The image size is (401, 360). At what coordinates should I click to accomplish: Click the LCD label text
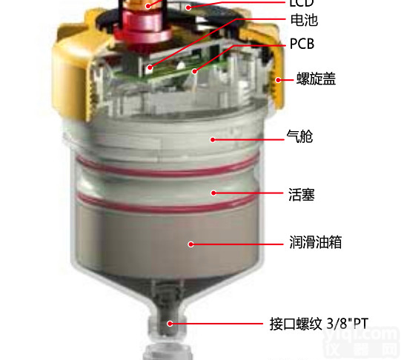pos(300,4)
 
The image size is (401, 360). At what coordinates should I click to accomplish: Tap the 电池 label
pos(302,21)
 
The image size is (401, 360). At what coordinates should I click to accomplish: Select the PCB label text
pos(302,44)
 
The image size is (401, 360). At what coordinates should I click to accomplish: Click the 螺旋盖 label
pos(315,78)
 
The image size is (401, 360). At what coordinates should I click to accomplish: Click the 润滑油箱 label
pos(315,242)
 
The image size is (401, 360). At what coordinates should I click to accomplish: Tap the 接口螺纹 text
pos(295,323)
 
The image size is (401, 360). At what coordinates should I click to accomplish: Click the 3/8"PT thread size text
pos(348,323)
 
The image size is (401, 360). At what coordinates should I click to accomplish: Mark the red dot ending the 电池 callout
pos(150,68)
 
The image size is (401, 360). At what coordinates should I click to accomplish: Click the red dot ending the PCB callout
pos(194,73)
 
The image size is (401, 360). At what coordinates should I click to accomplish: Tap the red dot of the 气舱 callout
pos(213,138)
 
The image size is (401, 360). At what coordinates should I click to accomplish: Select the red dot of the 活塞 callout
pos(213,194)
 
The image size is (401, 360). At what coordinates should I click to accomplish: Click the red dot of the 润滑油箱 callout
pos(190,243)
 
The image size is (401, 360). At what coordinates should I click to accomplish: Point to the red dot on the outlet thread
pos(170,323)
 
